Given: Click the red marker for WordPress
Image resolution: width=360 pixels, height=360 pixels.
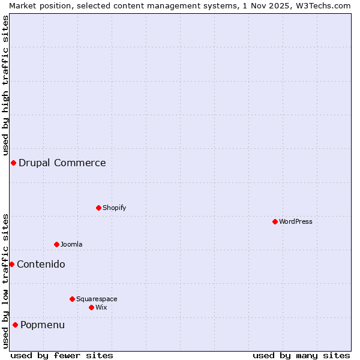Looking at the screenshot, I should point(275,221).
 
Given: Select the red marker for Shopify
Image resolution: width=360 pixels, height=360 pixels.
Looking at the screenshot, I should point(98,208).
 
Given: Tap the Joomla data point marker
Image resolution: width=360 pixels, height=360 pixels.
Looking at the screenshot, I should point(56,244).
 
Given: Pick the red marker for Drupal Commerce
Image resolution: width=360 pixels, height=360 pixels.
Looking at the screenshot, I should point(13,163).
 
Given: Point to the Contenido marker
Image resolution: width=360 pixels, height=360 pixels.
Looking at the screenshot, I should point(11,264).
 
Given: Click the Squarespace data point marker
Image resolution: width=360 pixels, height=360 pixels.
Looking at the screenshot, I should point(72,299).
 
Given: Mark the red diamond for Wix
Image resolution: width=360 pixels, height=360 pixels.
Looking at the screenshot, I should point(91,307).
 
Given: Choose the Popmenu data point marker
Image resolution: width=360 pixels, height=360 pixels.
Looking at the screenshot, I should point(15,325).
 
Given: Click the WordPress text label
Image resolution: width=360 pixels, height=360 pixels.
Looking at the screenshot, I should point(296,221).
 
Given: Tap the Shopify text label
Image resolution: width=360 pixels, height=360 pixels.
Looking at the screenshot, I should point(115,208).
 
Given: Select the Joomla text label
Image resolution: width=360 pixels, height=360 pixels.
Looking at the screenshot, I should point(71,244).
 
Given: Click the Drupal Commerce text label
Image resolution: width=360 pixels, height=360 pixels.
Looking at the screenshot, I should point(62,163).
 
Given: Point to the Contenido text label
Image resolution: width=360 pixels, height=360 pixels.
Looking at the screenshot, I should point(41,264).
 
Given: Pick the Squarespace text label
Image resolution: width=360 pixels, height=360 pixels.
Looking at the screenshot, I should point(97,299).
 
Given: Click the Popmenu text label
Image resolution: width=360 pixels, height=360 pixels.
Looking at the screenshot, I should point(43,325).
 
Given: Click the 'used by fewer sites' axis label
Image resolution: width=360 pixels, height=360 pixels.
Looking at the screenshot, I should point(62,355).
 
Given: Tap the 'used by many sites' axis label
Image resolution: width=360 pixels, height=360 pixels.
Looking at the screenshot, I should point(301,355).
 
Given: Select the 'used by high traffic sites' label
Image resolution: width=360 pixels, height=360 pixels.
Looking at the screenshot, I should point(5,85).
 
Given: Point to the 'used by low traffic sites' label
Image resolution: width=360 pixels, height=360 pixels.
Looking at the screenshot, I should point(5,280).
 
